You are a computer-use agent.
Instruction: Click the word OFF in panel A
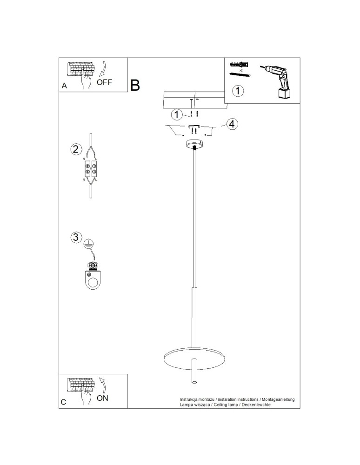click(x=104, y=82)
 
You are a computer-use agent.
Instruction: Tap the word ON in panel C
click(x=103, y=398)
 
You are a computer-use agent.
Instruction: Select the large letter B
click(x=135, y=85)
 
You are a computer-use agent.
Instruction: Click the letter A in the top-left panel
click(x=64, y=86)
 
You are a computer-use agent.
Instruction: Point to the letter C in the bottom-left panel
click(x=63, y=402)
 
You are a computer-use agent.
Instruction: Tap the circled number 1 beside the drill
click(x=238, y=91)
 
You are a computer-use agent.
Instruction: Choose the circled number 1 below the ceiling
click(x=177, y=114)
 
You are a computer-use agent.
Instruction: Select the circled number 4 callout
click(x=232, y=124)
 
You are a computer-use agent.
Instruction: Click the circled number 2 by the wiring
click(x=76, y=149)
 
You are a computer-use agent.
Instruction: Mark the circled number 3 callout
click(x=76, y=237)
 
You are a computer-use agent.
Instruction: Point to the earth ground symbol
click(x=88, y=244)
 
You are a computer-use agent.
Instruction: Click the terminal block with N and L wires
click(x=90, y=168)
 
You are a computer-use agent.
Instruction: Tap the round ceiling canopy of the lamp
click(x=194, y=145)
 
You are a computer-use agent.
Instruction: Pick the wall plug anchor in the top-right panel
click(x=240, y=64)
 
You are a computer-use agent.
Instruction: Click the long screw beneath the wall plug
click(x=240, y=74)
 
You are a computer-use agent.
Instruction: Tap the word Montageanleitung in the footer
click(x=278, y=399)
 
